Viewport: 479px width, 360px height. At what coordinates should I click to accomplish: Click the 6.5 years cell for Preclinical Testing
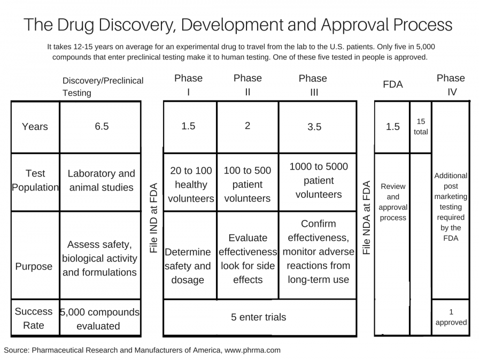pos(102,127)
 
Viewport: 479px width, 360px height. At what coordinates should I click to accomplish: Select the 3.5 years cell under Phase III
pos(314,127)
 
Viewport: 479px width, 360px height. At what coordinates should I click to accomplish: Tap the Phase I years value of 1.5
pos(188,127)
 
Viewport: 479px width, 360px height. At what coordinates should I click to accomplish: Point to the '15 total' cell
pos(421,127)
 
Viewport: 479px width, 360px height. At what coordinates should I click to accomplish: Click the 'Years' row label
pos(35,127)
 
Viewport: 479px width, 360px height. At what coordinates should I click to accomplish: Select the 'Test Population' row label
pos(35,180)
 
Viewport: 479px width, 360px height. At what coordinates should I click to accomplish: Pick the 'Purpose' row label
pos(34,266)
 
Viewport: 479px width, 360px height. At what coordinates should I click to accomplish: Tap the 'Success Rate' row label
pos(34,318)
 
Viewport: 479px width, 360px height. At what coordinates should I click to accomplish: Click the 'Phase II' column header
pos(248,85)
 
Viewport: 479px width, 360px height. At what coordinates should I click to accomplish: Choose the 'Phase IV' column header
pos(451,85)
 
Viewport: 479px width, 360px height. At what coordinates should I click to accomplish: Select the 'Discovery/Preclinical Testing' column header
pos(103,86)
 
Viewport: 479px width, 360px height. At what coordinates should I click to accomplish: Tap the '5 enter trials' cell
pos(259,317)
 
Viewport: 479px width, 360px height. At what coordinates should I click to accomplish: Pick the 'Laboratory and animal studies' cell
pos(102,180)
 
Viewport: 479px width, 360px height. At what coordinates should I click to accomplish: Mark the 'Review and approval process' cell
pos(393,202)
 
